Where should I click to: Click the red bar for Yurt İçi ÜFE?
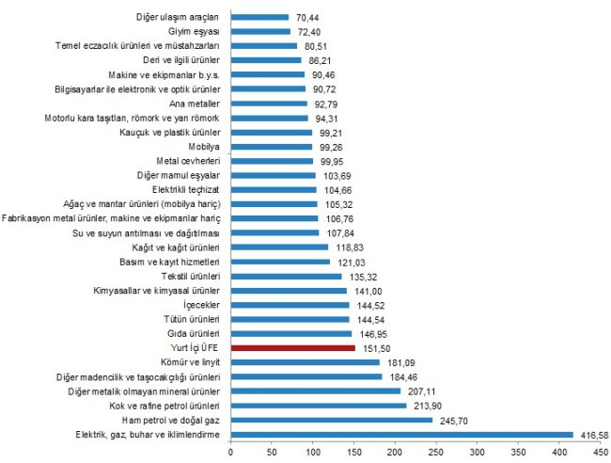click(x=292, y=347)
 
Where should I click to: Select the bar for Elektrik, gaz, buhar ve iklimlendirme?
click(x=401, y=434)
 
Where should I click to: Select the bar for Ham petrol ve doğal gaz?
click(x=331, y=420)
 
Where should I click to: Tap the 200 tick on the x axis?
click(x=394, y=451)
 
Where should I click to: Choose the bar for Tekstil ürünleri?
click(x=286, y=277)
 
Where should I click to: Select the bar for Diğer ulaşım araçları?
click(x=259, y=17)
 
